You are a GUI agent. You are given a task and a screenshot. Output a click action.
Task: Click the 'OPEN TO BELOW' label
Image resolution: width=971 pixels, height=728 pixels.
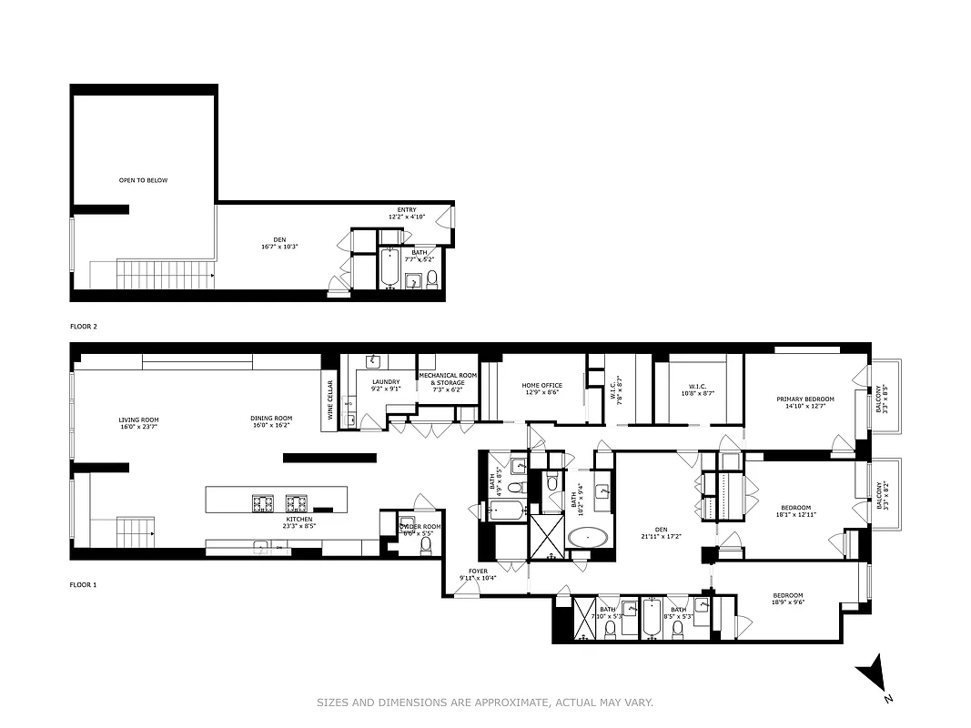point(143,180)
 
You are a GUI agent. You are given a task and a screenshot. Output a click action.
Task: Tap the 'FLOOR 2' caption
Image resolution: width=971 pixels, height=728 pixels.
point(83,325)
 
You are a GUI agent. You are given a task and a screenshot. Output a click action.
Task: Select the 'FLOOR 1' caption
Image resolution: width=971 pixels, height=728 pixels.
point(83,585)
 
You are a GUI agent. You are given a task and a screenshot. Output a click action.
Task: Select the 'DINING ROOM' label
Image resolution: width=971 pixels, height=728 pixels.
point(271,420)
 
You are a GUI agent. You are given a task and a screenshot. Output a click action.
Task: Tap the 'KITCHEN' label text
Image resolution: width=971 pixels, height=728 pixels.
point(298,520)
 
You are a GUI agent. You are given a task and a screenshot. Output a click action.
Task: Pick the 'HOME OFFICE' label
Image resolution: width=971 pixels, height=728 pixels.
point(541,385)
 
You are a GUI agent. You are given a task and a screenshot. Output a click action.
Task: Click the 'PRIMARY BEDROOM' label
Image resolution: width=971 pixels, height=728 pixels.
point(804,399)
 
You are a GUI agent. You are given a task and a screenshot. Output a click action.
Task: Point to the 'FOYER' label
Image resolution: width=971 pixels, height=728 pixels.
point(478,571)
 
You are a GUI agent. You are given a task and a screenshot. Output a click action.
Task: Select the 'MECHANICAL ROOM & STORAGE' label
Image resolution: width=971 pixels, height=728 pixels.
point(448,379)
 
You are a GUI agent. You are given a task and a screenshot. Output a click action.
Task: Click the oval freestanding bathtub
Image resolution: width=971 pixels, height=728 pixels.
point(591,537)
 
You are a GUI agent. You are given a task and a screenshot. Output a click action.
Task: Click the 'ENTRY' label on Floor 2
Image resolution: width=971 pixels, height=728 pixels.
point(407,210)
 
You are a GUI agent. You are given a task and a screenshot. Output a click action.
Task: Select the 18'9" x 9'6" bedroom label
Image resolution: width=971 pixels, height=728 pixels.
point(787,596)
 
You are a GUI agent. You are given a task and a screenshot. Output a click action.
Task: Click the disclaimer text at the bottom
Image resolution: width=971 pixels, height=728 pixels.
point(485,702)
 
